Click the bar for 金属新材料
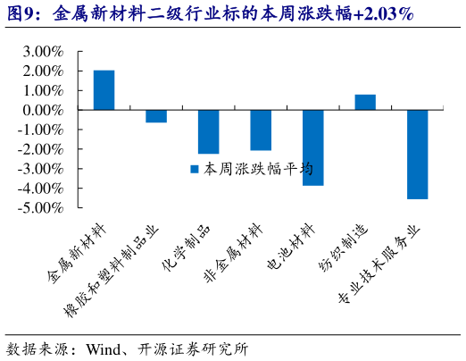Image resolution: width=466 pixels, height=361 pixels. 104,89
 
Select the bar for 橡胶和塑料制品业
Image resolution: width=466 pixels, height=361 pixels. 156,115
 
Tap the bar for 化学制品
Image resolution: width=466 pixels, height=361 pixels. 208,131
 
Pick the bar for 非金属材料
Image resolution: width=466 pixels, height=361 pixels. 261,130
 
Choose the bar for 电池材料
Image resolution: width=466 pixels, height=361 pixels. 312,147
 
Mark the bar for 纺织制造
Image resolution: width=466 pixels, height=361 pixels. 365,102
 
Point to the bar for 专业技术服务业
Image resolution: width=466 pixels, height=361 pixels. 417,154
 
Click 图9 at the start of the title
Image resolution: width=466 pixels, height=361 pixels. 22,15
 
